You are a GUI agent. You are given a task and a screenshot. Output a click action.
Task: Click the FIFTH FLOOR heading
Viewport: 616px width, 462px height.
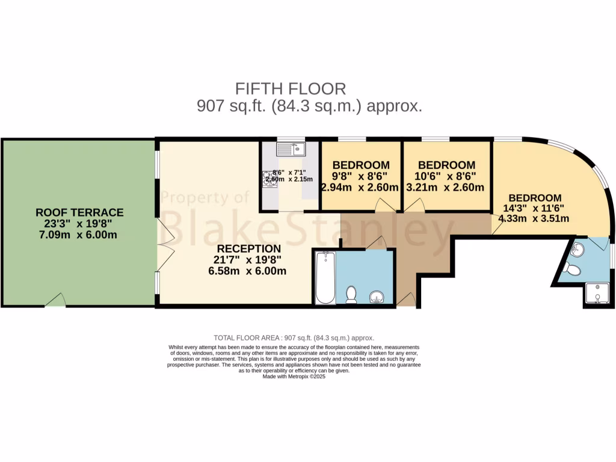291,89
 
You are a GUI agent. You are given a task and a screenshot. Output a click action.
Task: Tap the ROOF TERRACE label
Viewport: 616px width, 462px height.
79,212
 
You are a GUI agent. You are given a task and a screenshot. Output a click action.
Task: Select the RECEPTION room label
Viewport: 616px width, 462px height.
248,248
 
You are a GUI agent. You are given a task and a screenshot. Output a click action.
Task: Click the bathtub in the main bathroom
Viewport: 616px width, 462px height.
325,278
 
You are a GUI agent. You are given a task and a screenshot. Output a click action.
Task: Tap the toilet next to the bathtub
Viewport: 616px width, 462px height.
351,294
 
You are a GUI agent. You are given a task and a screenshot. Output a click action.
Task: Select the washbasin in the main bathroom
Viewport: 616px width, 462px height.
377,297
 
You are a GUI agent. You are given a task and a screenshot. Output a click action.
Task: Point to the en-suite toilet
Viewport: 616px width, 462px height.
573,269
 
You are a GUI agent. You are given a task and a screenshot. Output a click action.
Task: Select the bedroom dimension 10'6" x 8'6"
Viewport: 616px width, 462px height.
446,176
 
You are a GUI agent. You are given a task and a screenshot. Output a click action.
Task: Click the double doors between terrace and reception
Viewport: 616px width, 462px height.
160,244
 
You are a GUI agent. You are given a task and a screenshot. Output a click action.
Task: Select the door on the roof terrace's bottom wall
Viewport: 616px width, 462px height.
55,301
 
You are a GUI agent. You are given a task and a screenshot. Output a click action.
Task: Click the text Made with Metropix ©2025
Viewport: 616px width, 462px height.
294,377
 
